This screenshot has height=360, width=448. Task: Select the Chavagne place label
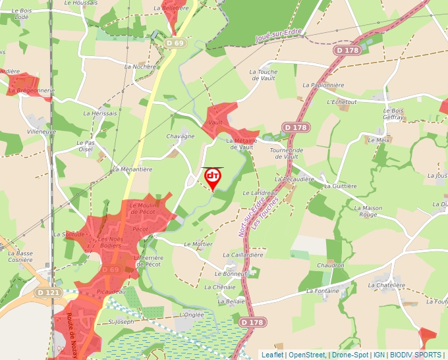pos(181,136)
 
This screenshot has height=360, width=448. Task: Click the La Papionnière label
pos(323,85)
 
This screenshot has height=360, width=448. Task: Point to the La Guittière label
pos(340,186)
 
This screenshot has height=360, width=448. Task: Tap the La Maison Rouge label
pos(368,211)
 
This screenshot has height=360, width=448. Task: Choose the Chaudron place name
pos(330,265)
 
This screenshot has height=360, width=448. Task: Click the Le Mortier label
pos(198,244)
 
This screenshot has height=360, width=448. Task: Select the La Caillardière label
pos(243,255)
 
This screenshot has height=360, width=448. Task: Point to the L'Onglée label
pos(191,315)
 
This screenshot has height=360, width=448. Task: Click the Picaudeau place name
pos(110,290)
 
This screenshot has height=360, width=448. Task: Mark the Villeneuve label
pos(42,132)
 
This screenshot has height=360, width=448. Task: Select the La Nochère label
pos(140,66)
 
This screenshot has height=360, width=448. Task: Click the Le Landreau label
pos(260,192)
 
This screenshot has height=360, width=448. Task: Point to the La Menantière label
pos(132,169)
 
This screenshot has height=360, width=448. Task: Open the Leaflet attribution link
pos(273,355)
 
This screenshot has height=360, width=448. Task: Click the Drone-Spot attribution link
pos(350,355)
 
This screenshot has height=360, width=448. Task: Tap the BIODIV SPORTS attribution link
pos(416,355)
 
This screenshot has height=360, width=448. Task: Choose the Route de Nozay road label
pos(72,336)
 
